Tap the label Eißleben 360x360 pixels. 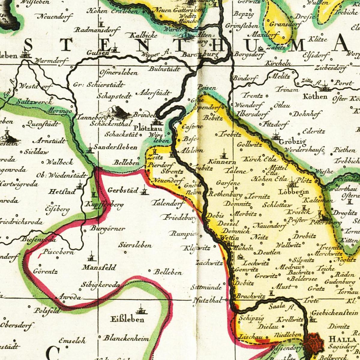click(127, 319)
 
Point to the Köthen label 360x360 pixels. click(315, 97)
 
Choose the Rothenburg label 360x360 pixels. click(225, 194)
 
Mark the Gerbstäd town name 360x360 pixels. click(123, 190)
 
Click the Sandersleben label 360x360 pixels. click(115, 147)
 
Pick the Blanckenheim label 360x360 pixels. click(126, 338)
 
